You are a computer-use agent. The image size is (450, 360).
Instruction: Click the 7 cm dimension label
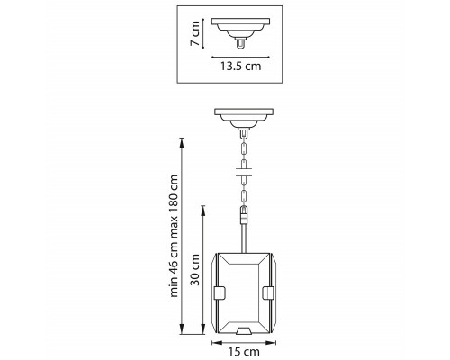coord(195,33)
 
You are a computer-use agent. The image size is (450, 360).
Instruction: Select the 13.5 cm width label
coord(240,66)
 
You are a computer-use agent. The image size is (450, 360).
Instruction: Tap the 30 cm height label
coord(195,269)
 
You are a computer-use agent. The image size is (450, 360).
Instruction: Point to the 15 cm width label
coord(244,352)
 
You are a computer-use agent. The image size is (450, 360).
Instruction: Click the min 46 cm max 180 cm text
coord(174,236)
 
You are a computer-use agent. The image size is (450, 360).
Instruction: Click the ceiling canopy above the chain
coord(244,119)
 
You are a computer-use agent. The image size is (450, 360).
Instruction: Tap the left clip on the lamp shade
coord(220,293)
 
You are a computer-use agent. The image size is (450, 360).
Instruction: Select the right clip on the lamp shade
coord(268,293)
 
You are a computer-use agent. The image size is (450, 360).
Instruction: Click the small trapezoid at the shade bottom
coord(244,331)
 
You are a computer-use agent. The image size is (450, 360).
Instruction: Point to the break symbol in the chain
coord(244,173)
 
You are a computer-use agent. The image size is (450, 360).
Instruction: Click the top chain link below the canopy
coord(244,148)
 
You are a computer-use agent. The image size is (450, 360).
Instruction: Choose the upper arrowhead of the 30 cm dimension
coord(203,210)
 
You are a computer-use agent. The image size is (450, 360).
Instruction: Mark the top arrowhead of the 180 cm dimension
coord(182,142)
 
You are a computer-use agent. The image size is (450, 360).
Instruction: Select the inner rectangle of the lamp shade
coord(244,293)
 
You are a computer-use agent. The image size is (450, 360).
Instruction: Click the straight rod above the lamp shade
coord(244,238)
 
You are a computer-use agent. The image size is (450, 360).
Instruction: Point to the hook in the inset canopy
coord(240,43)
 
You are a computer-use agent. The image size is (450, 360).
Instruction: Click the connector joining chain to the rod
coord(244,215)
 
